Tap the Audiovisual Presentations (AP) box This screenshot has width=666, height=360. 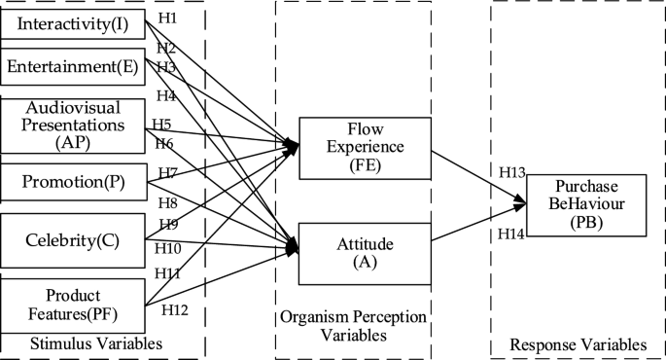[74, 125]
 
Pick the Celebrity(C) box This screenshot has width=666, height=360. [72, 240]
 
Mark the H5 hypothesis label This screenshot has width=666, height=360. [161, 125]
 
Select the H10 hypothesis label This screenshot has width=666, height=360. [167, 248]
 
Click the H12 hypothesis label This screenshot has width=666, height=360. [175, 309]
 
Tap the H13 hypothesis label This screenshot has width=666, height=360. [512, 172]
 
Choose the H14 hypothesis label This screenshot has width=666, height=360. [512, 234]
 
